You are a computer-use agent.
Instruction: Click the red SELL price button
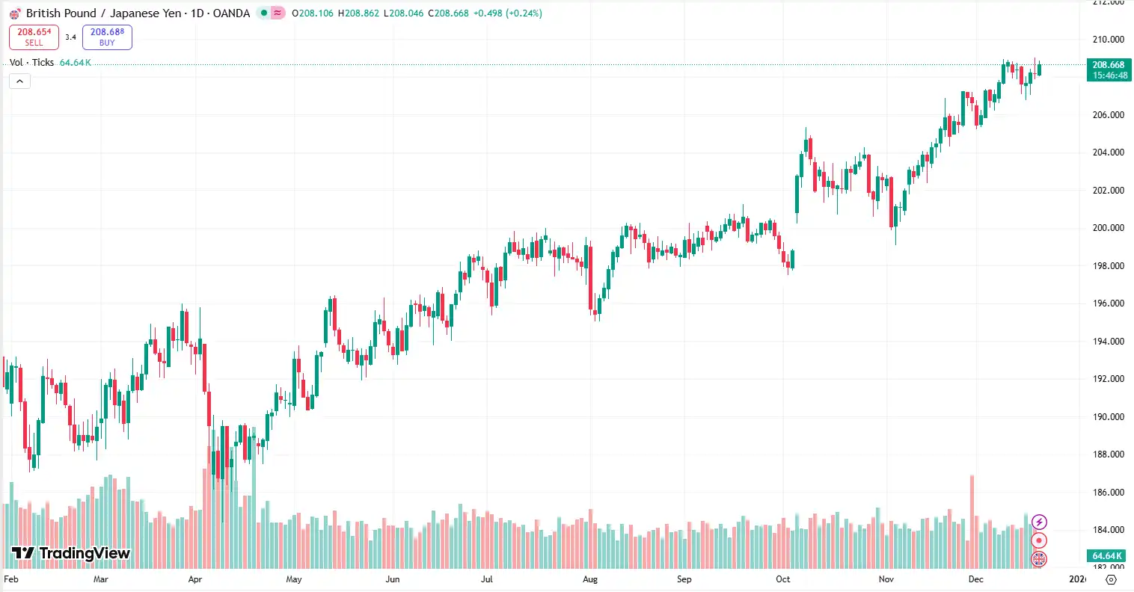(34, 37)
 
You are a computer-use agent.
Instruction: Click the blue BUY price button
(107, 37)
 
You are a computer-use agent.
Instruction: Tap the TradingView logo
(71, 553)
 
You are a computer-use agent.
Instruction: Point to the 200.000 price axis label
(1108, 228)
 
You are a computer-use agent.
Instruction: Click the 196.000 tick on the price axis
(1108, 303)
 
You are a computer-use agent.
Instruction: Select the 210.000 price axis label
(1108, 40)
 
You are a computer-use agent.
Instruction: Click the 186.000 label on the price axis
(1108, 493)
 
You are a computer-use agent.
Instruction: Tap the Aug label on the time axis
(590, 579)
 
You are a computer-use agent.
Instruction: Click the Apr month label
(195, 579)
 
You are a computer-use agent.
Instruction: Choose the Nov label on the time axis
(886, 579)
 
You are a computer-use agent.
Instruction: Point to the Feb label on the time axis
(11, 579)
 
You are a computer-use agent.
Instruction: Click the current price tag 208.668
(1109, 70)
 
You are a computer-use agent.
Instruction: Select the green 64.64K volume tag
(1107, 556)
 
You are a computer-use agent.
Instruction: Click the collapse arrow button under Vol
(19, 81)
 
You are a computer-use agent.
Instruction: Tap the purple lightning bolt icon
(1039, 522)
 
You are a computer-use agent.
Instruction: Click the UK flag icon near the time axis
(1039, 558)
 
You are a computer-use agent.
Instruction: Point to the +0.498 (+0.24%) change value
(508, 13)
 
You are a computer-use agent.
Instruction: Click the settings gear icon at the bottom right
(1111, 579)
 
